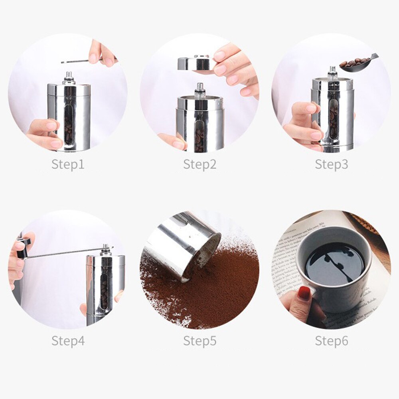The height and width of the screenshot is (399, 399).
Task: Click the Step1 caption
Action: (x=68, y=164)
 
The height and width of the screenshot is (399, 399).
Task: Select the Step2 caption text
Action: (x=199, y=164)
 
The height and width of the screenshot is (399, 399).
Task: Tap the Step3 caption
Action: (x=331, y=164)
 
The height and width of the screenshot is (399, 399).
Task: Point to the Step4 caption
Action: (x=68, y=341)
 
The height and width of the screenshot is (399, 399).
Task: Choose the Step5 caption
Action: (x=199, y=341)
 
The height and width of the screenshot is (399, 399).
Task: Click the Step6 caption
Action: (x=331, y=341)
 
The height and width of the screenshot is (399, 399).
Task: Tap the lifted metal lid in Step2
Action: (x=195, y=63)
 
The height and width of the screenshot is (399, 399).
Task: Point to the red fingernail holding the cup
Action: (x=304, y=293)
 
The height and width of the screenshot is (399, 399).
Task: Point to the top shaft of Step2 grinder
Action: (x=200, y=89)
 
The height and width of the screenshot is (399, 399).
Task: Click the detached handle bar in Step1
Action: (x=80, y=61)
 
